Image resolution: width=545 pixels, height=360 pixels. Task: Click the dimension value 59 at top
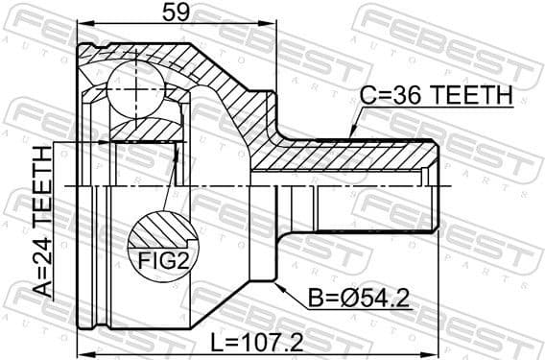tap(175, 12)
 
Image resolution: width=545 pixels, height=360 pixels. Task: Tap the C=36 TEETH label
tap(437, 96)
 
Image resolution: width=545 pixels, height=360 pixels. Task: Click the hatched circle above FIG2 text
tap(158, 231)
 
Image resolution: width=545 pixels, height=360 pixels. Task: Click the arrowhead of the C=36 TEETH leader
tap(351, 133)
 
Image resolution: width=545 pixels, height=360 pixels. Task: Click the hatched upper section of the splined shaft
tap(365, 154)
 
